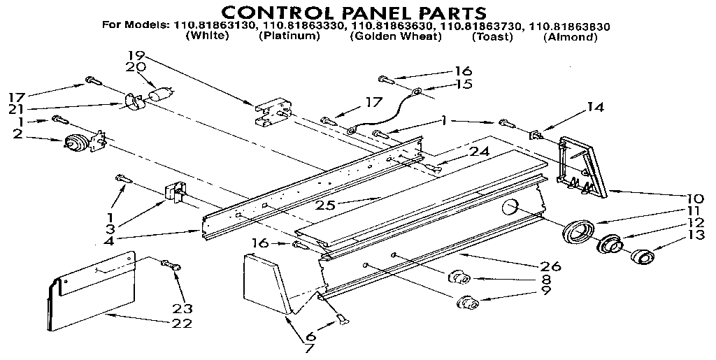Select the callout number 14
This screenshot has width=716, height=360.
coord(595,108)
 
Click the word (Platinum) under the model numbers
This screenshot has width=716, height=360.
coord(289,36)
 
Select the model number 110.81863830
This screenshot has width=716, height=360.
coord(569,27)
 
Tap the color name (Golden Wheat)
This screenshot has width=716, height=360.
coord(396,36)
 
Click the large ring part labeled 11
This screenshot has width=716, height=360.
coord(578,231)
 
